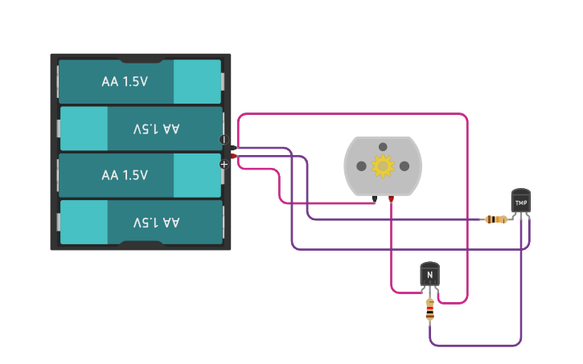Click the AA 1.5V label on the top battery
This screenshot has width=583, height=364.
[125, 81]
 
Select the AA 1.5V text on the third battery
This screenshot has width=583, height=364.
[125, 175]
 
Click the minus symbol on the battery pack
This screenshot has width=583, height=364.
[224, 140]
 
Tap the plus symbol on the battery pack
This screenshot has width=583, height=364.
[224, 164]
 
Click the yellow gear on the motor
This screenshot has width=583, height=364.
[383, 166]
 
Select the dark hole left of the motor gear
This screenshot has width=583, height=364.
[361, 166]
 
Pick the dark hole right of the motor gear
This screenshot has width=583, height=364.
[404, 166]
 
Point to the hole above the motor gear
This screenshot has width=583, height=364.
[383, 146]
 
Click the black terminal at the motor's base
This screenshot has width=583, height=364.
[375, 198]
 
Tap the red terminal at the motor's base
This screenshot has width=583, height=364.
[391, 198]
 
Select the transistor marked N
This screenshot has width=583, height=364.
[429, 275]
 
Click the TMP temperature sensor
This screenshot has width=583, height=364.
[521, 202]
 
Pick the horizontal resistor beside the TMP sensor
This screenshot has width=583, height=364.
[497, 219]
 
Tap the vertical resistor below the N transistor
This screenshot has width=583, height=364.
[429, 309]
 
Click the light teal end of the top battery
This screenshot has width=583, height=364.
[197, 81]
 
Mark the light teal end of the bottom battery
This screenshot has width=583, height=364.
[84, 222]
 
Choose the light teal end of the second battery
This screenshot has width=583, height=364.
[84, 129]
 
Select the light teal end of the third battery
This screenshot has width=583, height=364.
[197, 175]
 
